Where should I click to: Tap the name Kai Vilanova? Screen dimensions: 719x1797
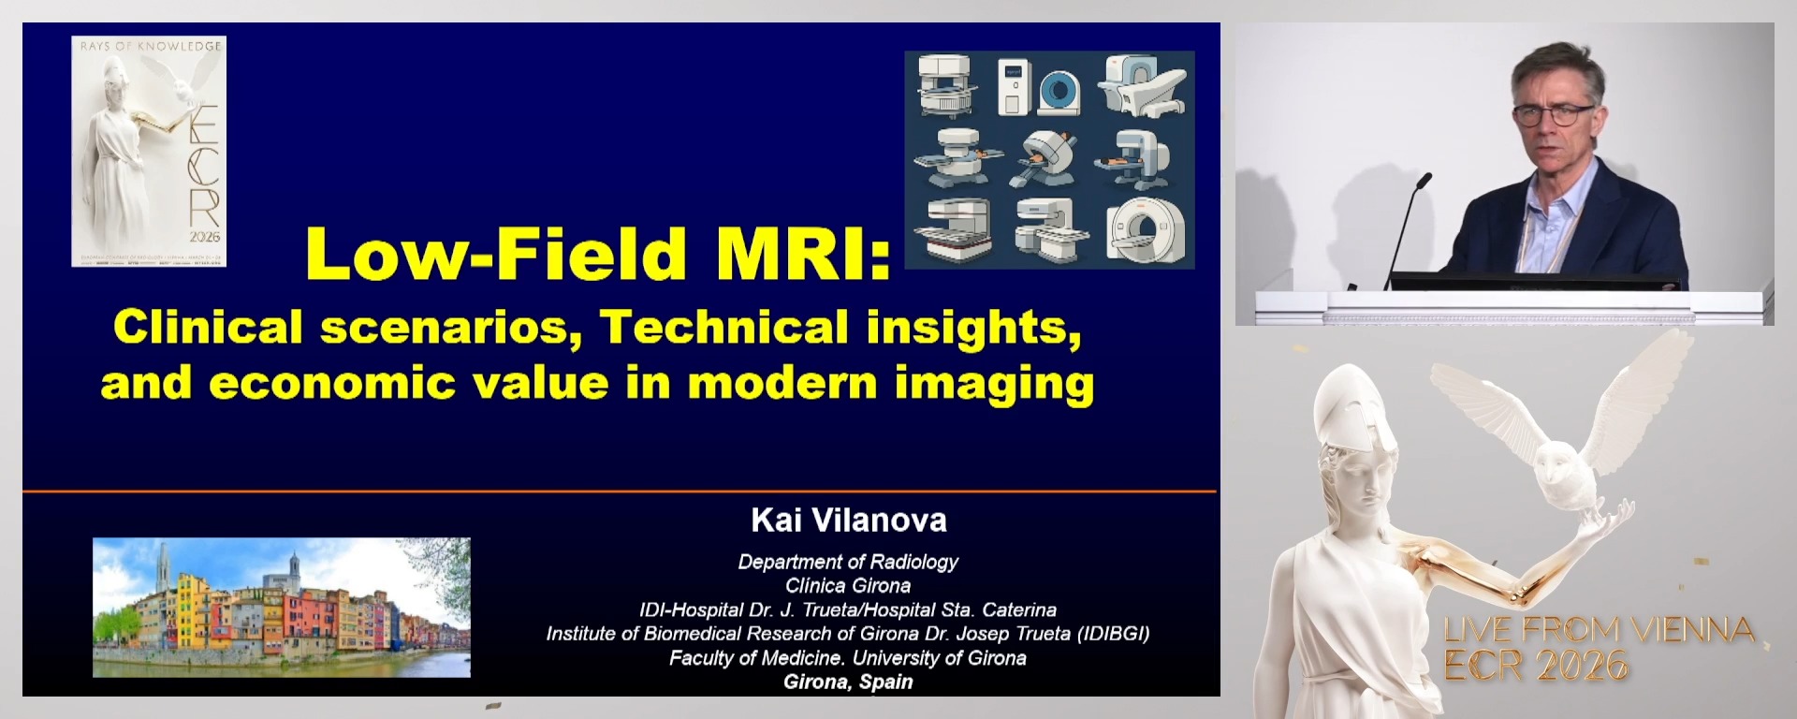(x=848, y=520)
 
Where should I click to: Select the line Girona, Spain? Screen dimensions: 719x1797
(x=848, y=682)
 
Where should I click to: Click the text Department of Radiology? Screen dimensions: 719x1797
(x=848, y=562)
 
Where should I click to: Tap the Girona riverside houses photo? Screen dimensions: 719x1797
(x=281, y=607)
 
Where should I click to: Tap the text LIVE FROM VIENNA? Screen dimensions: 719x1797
(x=1599, y=630)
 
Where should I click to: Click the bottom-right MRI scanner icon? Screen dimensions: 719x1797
(x=1146, y=229)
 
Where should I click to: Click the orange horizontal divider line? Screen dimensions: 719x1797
(x=618, y=491)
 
